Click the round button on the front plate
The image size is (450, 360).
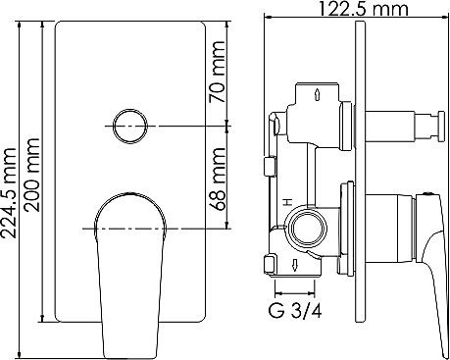click(128, 126)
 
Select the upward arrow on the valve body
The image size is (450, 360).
click(321, 95)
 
